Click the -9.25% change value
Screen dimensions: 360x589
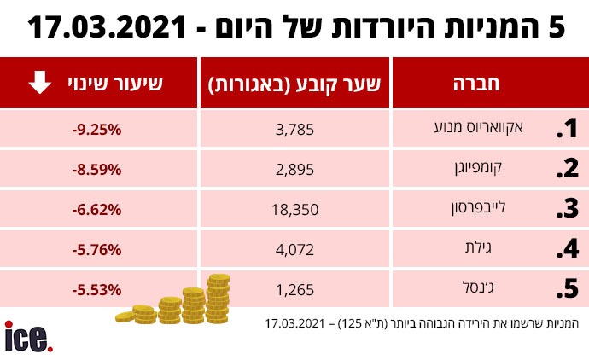coord(97,130)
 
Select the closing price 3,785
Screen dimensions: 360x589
coord(297,130)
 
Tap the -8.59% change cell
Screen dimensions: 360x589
coord(97,170)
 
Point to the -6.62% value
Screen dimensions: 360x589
coord(97,210)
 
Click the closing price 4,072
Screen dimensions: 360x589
coord(297,251)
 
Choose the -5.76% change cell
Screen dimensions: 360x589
coord(97,251)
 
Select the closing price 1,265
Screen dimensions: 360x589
coord(297,290)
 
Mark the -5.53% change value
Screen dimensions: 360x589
coord(97,290)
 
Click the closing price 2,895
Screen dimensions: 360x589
coord(297,170)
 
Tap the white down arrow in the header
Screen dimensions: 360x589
coord(39,84)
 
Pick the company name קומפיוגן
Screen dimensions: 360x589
coord(503,169)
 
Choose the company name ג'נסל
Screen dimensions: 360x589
coord(514,289)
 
